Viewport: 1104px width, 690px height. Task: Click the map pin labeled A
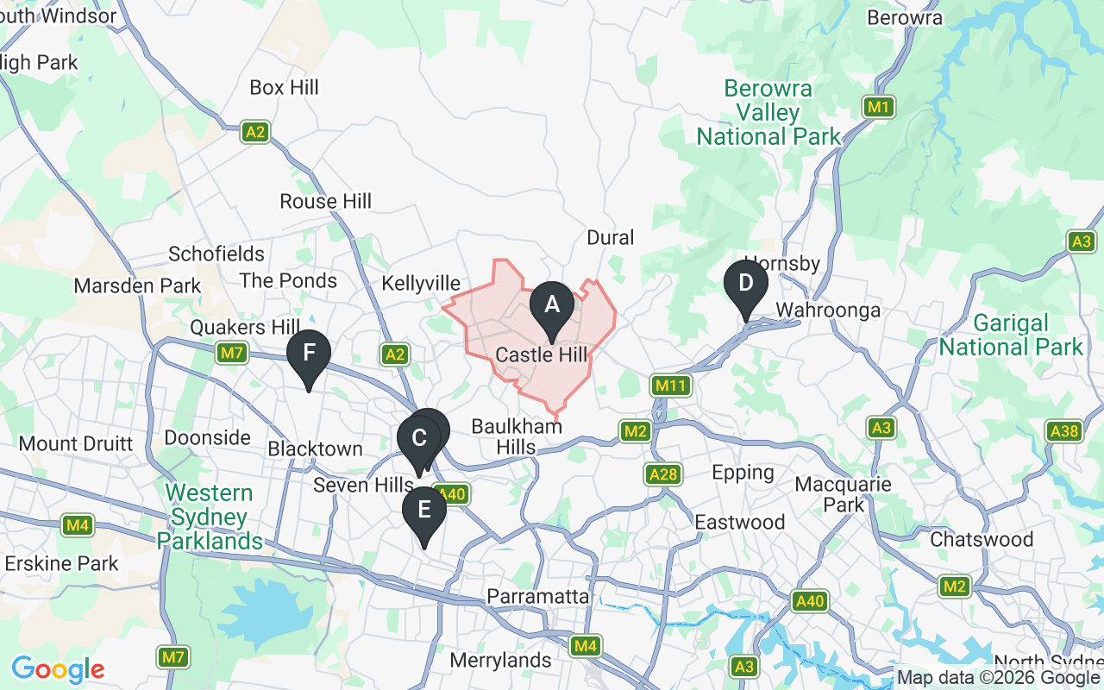(x=551, y=304)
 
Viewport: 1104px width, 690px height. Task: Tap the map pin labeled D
(x=746, y=284)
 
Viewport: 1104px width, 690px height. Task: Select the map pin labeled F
(x=308, y=353)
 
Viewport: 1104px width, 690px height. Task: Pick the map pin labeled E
(x=424, y=510)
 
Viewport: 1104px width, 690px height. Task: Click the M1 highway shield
(x=878, y=107)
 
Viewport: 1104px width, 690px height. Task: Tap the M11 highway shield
(x=669, y=386)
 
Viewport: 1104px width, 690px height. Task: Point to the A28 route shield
(x=664, y=474)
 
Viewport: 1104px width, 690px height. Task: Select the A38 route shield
(x=1064, y=430)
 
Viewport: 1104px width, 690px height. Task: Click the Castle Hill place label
(x=542, y=355)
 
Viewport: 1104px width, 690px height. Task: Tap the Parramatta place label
(x=538, y=597)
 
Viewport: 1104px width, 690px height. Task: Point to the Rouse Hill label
(x=325, y=202)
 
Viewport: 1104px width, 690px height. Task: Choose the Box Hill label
(x=284, y=88)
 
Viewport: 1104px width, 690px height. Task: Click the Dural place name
(x=610, y=238)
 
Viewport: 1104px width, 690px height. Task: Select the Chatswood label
(x=982, y=540)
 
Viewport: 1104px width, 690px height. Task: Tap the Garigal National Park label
(x=1010, y=336)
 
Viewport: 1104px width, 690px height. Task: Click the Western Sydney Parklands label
(x=210, y=517)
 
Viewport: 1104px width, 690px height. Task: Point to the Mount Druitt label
(x=76, y=444)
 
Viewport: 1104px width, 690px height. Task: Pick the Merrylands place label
(x=501, y=661)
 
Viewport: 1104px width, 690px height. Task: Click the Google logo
(x=58, y=669)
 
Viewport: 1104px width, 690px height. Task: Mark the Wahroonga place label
(x=828, y=310)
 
